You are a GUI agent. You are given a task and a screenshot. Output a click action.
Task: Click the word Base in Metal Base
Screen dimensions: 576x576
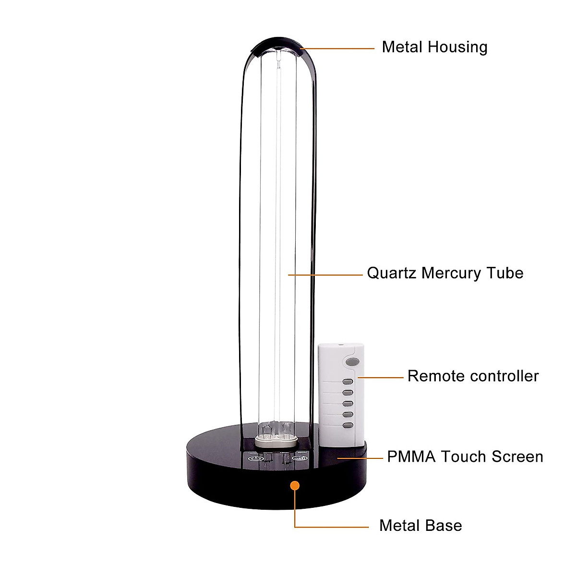pos(444,526)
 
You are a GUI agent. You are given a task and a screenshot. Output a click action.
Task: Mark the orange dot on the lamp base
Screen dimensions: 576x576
pos(295,485)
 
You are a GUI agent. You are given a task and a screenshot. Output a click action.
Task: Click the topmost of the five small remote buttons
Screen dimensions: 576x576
pos(348,382)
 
